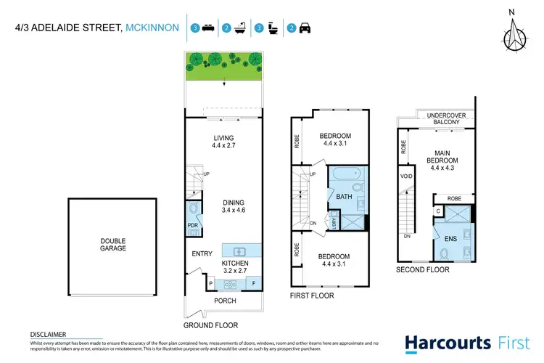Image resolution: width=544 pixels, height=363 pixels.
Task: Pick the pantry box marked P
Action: pyautogui.click(x=210, y=282)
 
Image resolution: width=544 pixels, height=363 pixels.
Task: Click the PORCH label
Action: pyautogui.click(x=225, y=301)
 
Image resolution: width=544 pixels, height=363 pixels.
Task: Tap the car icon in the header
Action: pyautogui.click(x=304, y=28)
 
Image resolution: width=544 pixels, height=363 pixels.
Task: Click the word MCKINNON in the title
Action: pyautogui.click(x=152, y=28)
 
